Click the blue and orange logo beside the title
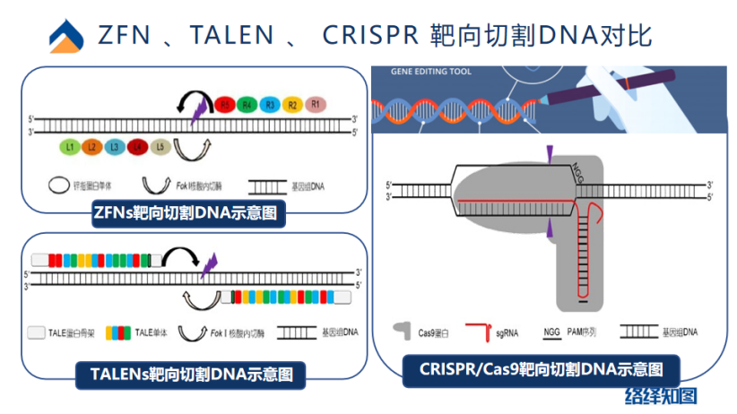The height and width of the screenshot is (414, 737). (67, 36)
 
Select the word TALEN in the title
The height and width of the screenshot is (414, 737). (224, 35)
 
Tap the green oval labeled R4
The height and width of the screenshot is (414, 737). (247, 105)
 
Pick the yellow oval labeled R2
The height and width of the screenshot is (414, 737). (292, 105)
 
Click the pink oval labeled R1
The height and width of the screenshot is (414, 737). (315, 105)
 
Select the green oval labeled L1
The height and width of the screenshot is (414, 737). (70, 145)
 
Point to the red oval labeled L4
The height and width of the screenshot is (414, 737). (137, 145)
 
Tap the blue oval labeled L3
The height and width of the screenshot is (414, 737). (115, 145)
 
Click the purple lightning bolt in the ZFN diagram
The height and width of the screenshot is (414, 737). (198, 111)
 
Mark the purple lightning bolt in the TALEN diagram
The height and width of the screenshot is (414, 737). (211, 264)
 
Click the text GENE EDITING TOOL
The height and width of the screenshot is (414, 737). (431, 71)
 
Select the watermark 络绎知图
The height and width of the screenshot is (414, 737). (662, 395)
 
